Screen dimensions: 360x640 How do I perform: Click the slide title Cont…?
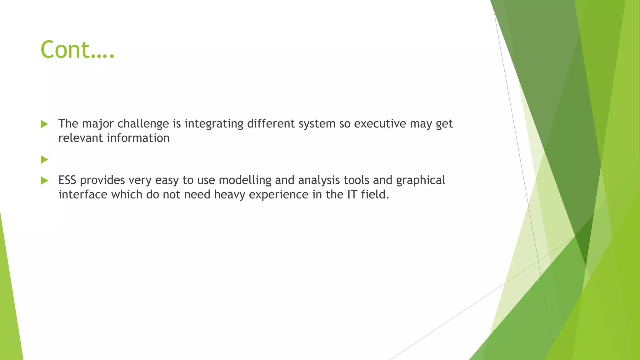point(77,50)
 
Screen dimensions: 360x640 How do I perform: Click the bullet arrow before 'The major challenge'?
point(44,124)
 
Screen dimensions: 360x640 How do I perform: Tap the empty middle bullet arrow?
point(44,160)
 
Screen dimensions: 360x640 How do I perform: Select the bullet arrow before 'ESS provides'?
point(44,180)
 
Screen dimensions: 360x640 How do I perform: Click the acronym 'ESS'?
point(67,180)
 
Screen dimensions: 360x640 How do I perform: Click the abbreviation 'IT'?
point(352,195)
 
